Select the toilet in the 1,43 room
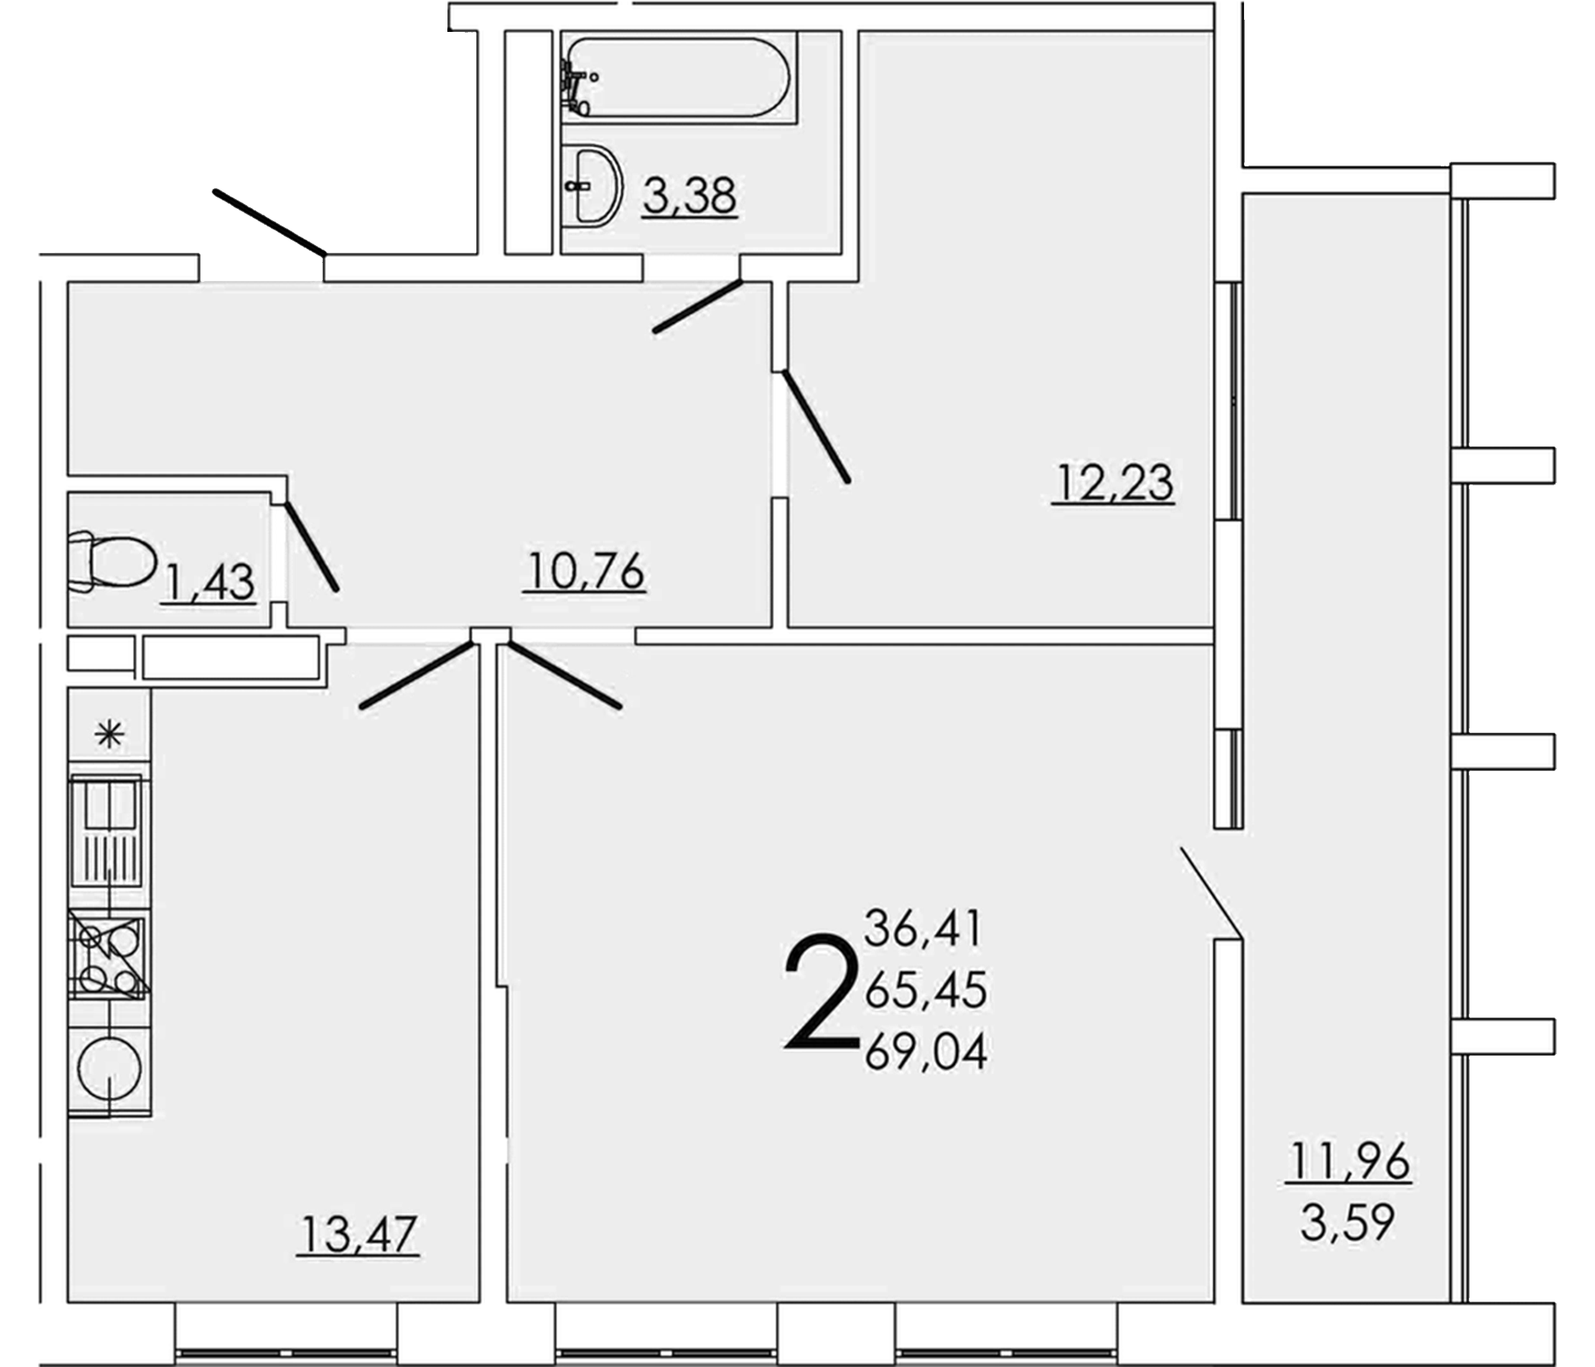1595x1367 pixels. coord(112,562)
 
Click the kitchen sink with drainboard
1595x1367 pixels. coord(109,832)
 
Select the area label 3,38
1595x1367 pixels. coord(690,196)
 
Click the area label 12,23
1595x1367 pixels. coord(1114,483)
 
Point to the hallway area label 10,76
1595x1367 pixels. coord(586,572)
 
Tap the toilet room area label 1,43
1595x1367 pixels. coord(208,582)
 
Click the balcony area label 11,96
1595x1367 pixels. coord(1350,1160)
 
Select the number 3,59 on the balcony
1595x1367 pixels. coord(1348,1222)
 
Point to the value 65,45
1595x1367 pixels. coord(926,990)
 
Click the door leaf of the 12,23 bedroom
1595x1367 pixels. coord(816,427)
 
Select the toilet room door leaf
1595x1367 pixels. coord(311,547)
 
